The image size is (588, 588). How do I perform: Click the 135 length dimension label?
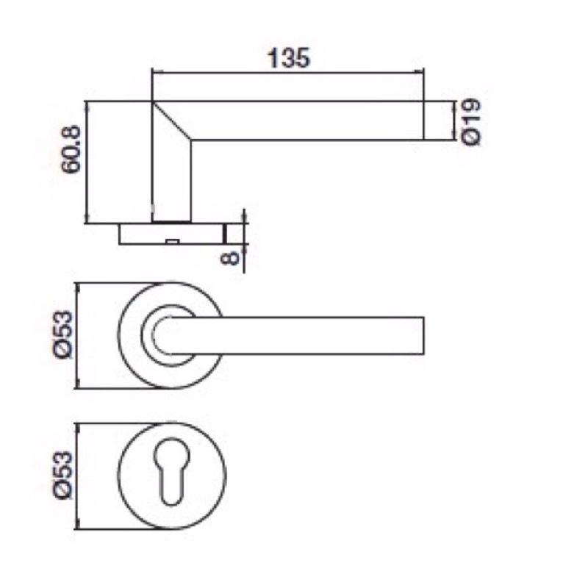(289, 58)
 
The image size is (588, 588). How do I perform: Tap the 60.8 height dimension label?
(71, 149)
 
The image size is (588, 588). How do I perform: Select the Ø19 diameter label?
(470, 121)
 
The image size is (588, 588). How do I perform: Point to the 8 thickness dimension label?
(229, 258)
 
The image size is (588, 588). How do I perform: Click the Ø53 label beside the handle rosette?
(62, 335)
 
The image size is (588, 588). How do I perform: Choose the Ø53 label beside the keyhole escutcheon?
(62, 475)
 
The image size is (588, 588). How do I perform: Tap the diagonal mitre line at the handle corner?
(171, 121)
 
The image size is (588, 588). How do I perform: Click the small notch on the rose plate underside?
(172, 241)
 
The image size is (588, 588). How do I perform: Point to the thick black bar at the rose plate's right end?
(225, 234)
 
